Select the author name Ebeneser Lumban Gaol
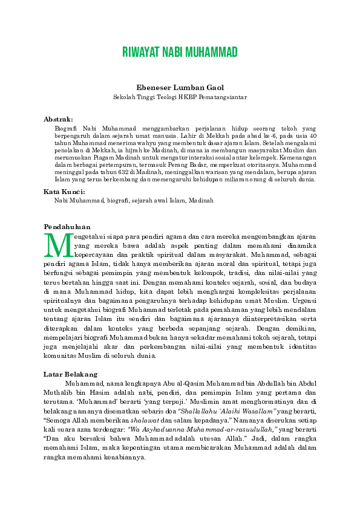pos(180,88)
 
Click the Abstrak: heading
pos(58,119)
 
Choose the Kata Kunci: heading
pos(64,191)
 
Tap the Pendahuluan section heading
pos(67,226)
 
